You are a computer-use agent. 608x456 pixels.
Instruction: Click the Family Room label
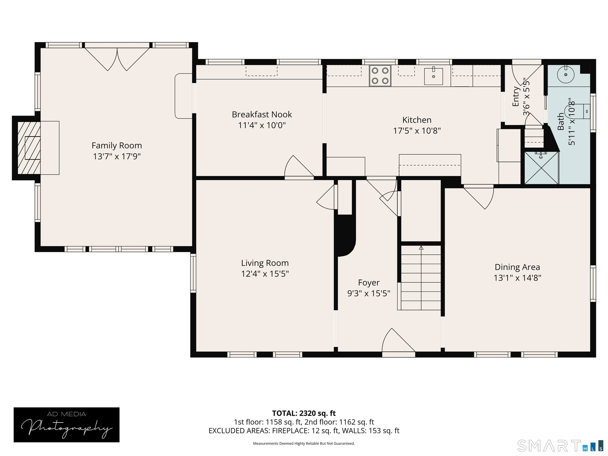click(x=117, y=145)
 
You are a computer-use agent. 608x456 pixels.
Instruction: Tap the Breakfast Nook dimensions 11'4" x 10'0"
click(x=262, y=125)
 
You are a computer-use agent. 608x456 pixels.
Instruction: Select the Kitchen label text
click(x=417, y=120)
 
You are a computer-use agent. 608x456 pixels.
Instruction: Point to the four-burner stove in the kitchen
click(x=380, y=76)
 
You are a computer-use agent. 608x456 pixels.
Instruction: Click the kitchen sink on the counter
click(x=433, y=76)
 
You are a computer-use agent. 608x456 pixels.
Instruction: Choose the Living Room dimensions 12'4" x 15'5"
click(x=265, y=274)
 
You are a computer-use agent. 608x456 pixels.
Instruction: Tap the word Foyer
click(x=369, y=283)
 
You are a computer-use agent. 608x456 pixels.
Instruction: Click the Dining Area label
click(x=517, y=267)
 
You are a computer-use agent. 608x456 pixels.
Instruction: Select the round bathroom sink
click(x=565, y=75)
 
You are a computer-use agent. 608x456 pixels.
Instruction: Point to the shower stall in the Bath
click(x=541, y=168)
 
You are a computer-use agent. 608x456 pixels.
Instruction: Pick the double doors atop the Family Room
click(x=117, y=59)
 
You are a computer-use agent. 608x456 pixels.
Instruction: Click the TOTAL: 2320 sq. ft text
click(x=304, y=413)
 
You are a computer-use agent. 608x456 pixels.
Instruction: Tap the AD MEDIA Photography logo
click(x=66, y=425)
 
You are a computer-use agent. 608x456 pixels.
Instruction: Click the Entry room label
click(x=516, y=97)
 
